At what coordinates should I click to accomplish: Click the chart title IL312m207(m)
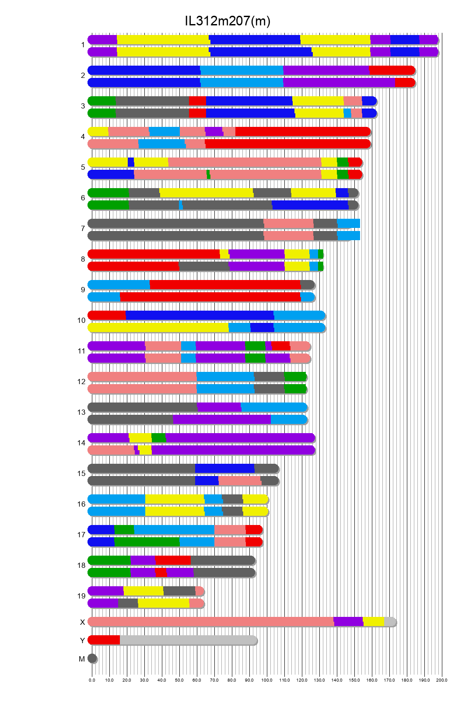[x=227, y=21]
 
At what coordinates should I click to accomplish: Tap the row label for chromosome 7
[x=83, y=229]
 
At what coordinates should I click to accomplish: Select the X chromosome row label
[x=82, y=622]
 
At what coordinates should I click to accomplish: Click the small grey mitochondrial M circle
[x=92, y=658]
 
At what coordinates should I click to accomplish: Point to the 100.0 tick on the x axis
[x=267, y=680]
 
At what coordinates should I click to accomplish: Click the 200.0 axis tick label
[x=441, y=680]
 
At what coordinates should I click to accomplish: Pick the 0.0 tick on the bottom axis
[x=92, y=680]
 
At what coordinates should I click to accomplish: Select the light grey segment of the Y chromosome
[x=188, y=640]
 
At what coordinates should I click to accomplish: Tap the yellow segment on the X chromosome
[x=373, y=622]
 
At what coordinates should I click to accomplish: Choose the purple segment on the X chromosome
[x=348, y=622]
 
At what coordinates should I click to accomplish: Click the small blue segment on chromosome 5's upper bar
[x=131, y=162]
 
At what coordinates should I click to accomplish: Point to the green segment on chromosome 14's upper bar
[x=158, y=438]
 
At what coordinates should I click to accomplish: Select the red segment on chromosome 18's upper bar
[x=173, y=560]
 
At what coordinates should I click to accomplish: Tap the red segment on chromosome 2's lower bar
[x=405, y=83]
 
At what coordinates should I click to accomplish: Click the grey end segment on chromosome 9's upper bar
[x=307, y=285]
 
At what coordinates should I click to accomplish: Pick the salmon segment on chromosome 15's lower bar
[x=240, y=481]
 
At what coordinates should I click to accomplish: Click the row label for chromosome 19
[x=81, y=596]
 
